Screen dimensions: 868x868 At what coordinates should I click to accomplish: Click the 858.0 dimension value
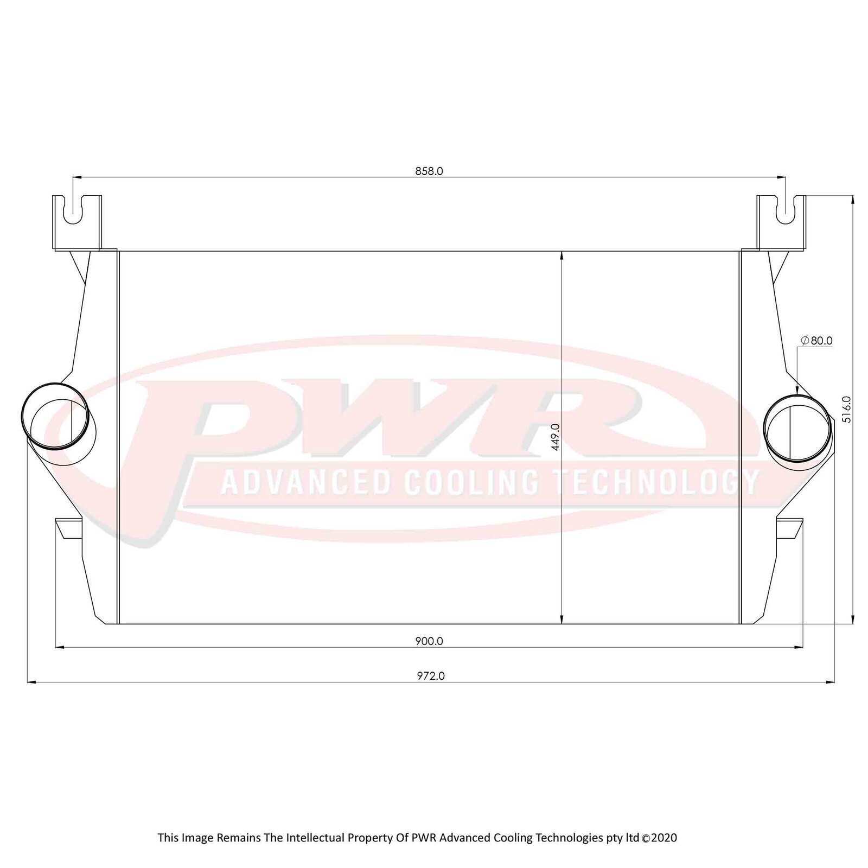pyautogui.click(x=429, y=171)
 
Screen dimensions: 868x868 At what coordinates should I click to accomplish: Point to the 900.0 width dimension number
pyautogui.click(x=429, y=641)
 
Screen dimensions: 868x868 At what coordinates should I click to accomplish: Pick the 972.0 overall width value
pyautogui.click(x=431, y=676)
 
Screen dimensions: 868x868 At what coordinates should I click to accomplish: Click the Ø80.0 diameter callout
pyautogui.click(x=816, y=341)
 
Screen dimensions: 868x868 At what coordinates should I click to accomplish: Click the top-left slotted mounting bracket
pyautogui.click(x=77, y=222)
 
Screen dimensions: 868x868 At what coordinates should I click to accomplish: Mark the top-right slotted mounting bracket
pyautogui.click(x=781, y=222)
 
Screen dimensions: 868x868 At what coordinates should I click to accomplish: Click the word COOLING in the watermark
pyautogui.click(x=471, y=482)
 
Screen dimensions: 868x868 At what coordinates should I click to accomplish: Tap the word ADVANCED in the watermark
pyautogui.click(x=306, y=482)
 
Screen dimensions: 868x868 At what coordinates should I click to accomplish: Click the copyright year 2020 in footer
pyautogui.click(x=664, y=837)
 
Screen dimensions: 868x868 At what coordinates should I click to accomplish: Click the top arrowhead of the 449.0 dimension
pyautogui.click(x=561, y=255)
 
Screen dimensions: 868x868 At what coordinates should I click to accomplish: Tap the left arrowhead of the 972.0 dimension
pyautogui.click(x=31, y=682)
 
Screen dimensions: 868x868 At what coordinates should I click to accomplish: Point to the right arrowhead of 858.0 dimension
pyautogui.click(x=782, y=177)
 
